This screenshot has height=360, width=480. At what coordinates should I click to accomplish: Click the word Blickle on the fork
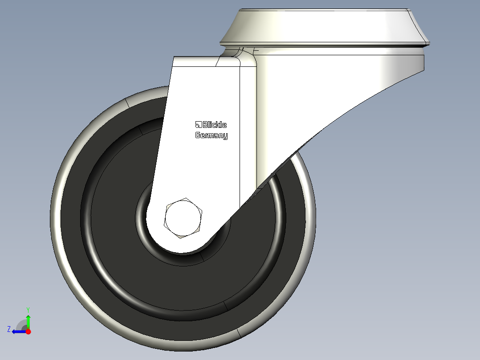pos(215,125)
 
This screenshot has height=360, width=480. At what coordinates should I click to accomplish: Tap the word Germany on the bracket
pos(212,135)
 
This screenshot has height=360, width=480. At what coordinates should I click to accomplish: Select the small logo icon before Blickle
pos(198,124)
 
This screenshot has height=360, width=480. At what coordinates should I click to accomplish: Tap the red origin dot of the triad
pos(28,331)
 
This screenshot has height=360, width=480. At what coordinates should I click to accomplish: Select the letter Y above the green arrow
pos(28,309)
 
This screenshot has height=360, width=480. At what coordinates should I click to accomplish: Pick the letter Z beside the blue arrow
pos(9,329)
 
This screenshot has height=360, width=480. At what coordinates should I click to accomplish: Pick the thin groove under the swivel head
pos(325,45)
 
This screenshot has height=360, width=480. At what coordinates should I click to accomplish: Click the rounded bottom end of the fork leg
pos(183,247)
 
